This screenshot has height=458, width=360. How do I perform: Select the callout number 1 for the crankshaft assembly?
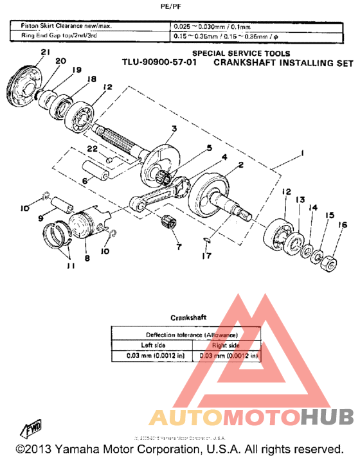pyautogui.click(x=300, y=154)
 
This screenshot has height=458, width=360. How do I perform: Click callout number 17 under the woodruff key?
pyautogui.click(x=204, y=256)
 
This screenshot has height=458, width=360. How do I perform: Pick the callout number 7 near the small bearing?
pyautogui.click(x=178, y=247)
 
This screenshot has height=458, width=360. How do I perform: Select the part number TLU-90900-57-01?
pyautogui.click(x=160, y=64)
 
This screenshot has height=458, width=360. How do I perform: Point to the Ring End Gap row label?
pyautogui.click(x=59, y=35)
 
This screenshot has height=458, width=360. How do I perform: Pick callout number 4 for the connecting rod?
pyautogui.click(x=224, y=157)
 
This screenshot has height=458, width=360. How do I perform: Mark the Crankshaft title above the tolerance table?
pyautogui.click(x=188, y=317)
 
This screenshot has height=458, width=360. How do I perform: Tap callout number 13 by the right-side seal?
pyautogui.click(x=300, y=200)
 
